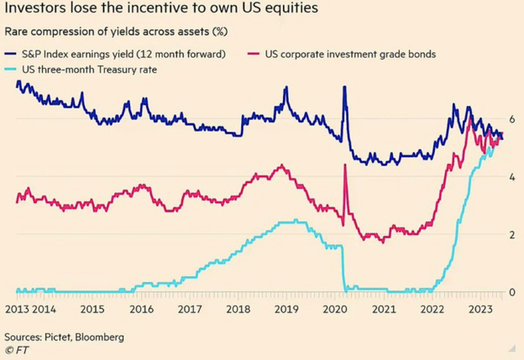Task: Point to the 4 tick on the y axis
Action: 512,177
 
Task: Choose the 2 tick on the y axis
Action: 512,235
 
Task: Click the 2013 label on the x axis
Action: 18,309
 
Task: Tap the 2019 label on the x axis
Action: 287,309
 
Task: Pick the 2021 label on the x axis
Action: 384,309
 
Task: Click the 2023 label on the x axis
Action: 481,309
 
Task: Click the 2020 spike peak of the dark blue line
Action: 344,88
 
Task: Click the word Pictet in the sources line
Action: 69,337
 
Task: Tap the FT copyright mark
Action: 16,350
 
